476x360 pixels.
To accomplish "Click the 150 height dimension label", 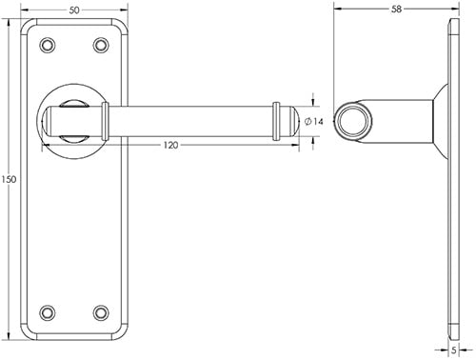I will [10, 180].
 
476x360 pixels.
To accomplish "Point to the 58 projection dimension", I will [396, 9].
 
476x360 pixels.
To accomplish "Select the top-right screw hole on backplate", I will [102, 44].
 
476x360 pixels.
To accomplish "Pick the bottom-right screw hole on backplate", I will [102, 311].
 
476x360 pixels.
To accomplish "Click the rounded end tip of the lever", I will [295, 121].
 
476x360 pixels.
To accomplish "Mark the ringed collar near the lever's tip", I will [278, 121].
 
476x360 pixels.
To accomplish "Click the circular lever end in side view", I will [354, 121].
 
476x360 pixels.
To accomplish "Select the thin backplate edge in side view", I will [450, 180].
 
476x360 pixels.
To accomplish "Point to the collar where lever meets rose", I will [108, 122].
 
